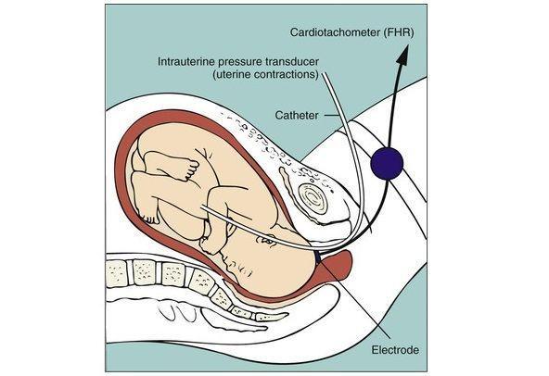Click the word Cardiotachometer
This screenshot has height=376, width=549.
coord(335,33)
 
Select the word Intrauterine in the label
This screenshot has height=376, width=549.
coord(186,61)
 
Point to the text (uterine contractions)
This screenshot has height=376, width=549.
coord(266,74)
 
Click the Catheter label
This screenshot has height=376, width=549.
coord(297,115)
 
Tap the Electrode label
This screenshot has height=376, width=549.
coord(395,350)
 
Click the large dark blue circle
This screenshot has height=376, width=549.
coord(387,163)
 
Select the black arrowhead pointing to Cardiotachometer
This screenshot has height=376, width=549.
coord(403,55)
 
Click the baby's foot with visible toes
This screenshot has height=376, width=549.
coord(186,169)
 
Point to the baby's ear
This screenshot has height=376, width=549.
coord(267,239)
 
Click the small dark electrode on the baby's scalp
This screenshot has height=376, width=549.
coord(317,257)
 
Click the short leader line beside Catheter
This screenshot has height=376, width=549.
coord(329,116)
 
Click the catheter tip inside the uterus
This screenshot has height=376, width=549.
coord(202,207)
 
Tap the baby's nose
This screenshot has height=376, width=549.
coord(224,259)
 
